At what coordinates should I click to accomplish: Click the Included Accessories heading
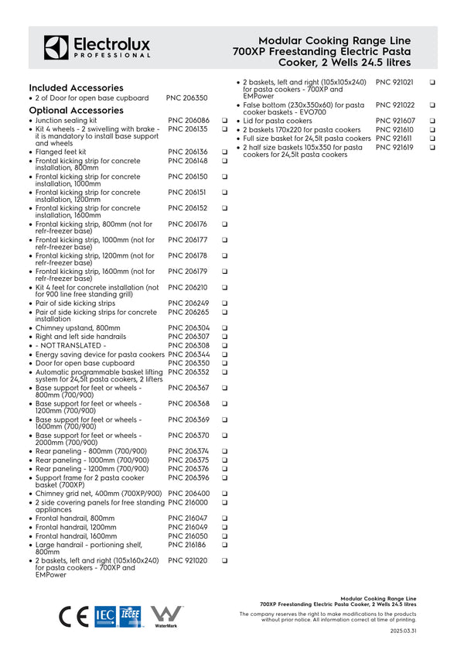coord(76,88)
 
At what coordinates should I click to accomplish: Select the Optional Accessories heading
coord(76,110)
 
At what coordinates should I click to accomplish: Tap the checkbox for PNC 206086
coord(223,121)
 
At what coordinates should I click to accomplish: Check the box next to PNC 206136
coord(223,152)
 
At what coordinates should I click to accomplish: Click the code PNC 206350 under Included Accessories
coord(186,99)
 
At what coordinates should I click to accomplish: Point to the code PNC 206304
coord(189,328)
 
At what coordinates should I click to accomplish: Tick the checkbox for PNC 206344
coord(223,354)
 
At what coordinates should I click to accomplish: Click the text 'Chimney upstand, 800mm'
coord(78,328)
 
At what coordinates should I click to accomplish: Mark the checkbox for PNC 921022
coord(432,105)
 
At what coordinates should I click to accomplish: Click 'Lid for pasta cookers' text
coord(278,121)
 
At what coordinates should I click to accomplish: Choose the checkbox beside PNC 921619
coord(432,147)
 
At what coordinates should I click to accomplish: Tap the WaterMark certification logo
coord(166,616)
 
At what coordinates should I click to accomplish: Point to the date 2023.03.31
coord(403,631)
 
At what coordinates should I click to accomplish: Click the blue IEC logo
coord(104,616)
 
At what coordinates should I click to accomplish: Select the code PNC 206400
coord(189,494)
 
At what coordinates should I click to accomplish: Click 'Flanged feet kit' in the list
coord(61,152)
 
